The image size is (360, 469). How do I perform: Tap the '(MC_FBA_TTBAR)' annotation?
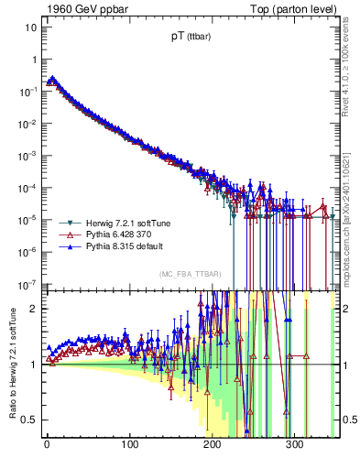[x=189, y=274]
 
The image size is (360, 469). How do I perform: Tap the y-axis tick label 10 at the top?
[x=31, y=27]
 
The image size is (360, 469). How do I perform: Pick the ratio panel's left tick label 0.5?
[x=30, y=420]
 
